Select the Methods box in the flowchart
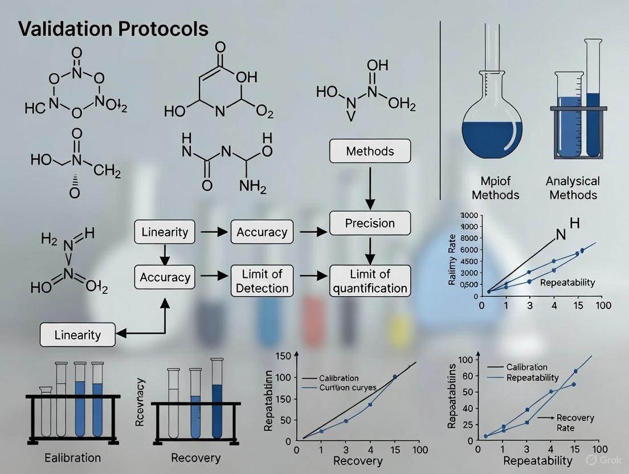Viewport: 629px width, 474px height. coord(370,152)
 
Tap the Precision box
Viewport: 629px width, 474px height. coord(370,223)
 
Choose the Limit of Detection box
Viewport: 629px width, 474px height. coord(262,280)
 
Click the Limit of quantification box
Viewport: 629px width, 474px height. coord(370,280)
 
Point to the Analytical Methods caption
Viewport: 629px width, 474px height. coord(573,188)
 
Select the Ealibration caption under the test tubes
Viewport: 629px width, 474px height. coord(72,457)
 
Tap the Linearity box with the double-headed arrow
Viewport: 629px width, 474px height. coord(77,334)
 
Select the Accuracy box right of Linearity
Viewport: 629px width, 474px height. coord(262,232)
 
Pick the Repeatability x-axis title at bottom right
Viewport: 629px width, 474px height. coord(537,460)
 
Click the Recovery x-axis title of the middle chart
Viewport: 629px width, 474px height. coord(357,460)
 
